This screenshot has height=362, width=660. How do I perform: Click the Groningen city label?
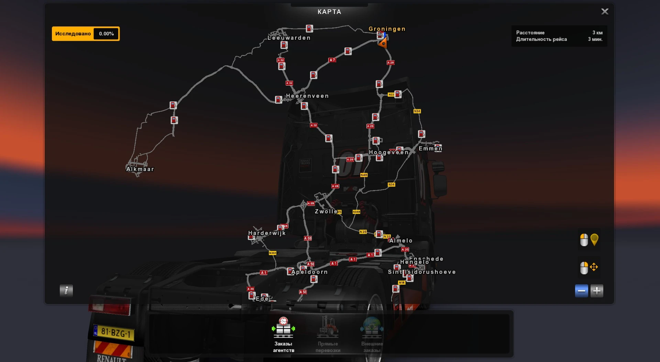tap(387, 29)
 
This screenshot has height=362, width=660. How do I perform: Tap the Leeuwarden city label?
tap(289, 38)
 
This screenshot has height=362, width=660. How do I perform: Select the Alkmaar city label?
tap(140, 169)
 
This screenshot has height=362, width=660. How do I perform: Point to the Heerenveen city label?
tap(307, 96)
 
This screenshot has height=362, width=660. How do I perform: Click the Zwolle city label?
tap(326, 211)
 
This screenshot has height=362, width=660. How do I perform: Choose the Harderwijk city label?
tap(267, 233)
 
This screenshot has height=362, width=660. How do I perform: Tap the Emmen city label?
tap(430, 149)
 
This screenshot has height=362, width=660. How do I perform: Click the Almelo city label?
tap(401, 241)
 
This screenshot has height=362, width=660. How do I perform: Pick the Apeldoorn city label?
tap(310, 272)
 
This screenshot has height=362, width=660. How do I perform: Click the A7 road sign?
tap(332, 60)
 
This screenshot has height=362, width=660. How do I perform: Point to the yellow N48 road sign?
tap(364, 175)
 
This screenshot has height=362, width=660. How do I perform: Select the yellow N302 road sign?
tap(272, 253)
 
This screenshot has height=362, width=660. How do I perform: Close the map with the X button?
tap(605, 12)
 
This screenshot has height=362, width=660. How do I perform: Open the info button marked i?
tap(66, 290)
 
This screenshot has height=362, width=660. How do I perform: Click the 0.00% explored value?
tap(106, 34)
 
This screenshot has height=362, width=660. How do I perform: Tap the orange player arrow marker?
tap(382, 43)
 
